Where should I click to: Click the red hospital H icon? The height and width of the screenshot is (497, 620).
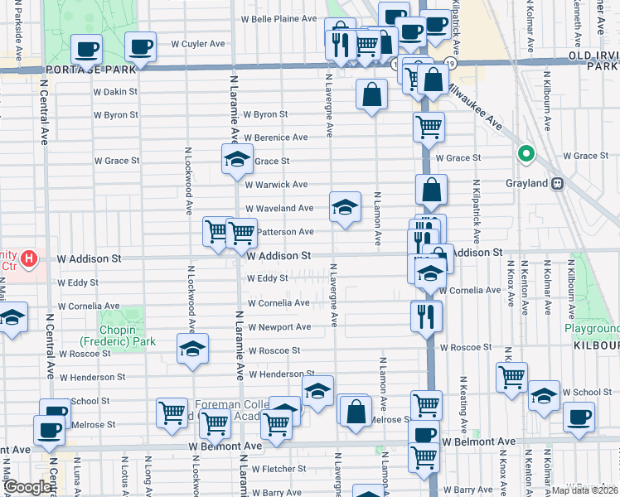[x=30, y=259]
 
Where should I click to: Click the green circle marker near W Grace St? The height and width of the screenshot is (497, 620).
[x=525, y=154]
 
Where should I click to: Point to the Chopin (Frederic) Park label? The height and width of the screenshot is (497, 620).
[x=118, y=341]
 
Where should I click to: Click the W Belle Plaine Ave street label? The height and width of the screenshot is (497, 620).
[x=279, y=18]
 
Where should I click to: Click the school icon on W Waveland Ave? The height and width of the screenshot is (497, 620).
[x=345, y=207]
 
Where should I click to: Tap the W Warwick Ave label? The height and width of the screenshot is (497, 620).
[x=278, y=184]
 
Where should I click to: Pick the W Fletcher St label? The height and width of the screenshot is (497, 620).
[x=279, y=469]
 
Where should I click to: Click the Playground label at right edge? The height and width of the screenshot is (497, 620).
[x=592, y=329]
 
